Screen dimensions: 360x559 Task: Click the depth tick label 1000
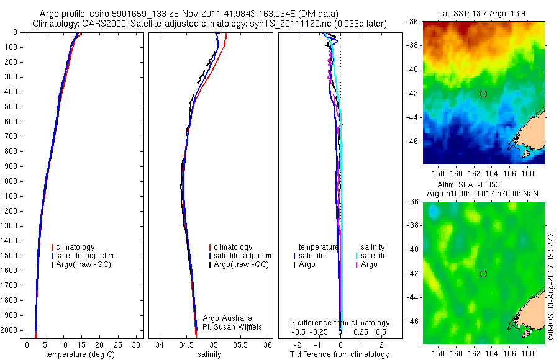tap(10, 181)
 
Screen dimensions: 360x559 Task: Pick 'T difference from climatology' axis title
tap(340, 354)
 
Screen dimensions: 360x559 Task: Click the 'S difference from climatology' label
tap(340, 323)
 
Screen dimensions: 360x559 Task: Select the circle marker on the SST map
tap(483, 94)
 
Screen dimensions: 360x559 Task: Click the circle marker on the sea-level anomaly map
tap(483, 274)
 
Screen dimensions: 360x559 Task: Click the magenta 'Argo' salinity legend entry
tap(369, 264)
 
